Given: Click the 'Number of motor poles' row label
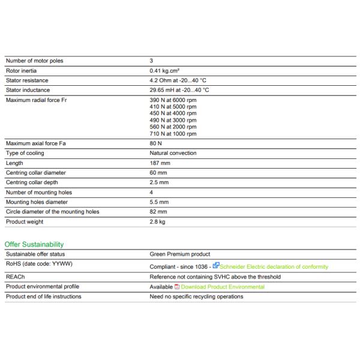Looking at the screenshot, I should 34,61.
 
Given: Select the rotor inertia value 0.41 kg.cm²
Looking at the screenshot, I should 164,70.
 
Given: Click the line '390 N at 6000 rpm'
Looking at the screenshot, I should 173,100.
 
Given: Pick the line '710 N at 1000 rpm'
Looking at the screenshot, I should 173,134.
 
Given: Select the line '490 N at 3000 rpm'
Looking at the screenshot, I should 173,120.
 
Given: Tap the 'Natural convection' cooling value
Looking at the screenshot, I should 173,153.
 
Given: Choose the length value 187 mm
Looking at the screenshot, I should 159,163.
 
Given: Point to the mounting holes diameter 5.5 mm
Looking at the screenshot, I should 159,202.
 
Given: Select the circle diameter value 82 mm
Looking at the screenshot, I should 158,212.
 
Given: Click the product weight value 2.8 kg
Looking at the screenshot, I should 157,222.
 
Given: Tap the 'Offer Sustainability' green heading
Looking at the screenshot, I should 34,244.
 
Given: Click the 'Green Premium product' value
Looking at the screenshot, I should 179,254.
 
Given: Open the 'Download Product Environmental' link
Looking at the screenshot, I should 223,287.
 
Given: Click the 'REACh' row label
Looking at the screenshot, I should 15,277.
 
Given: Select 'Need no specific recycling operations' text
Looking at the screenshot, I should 196,296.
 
